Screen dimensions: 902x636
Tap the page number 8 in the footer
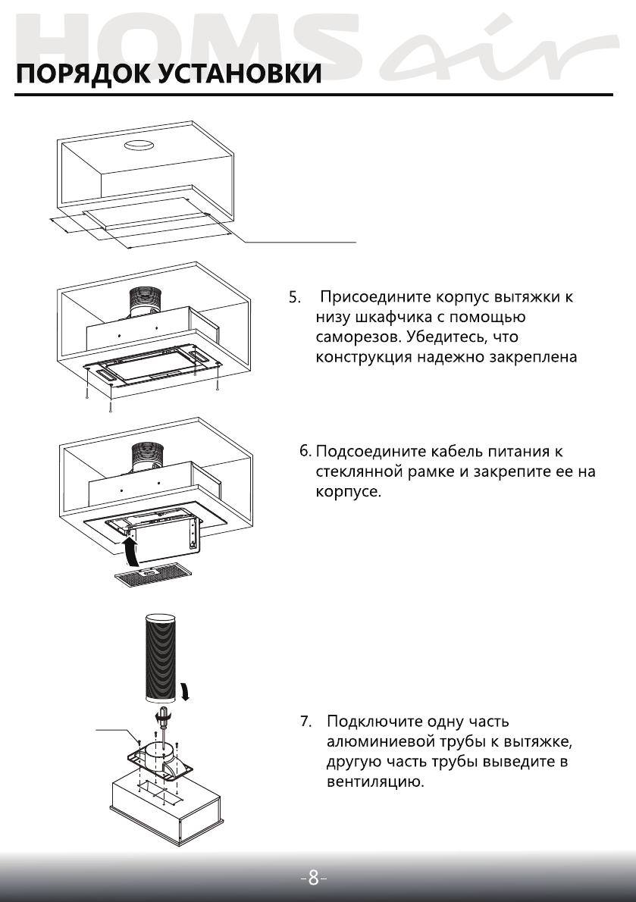click(313, 879)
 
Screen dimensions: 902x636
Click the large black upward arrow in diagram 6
click(130, 550)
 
